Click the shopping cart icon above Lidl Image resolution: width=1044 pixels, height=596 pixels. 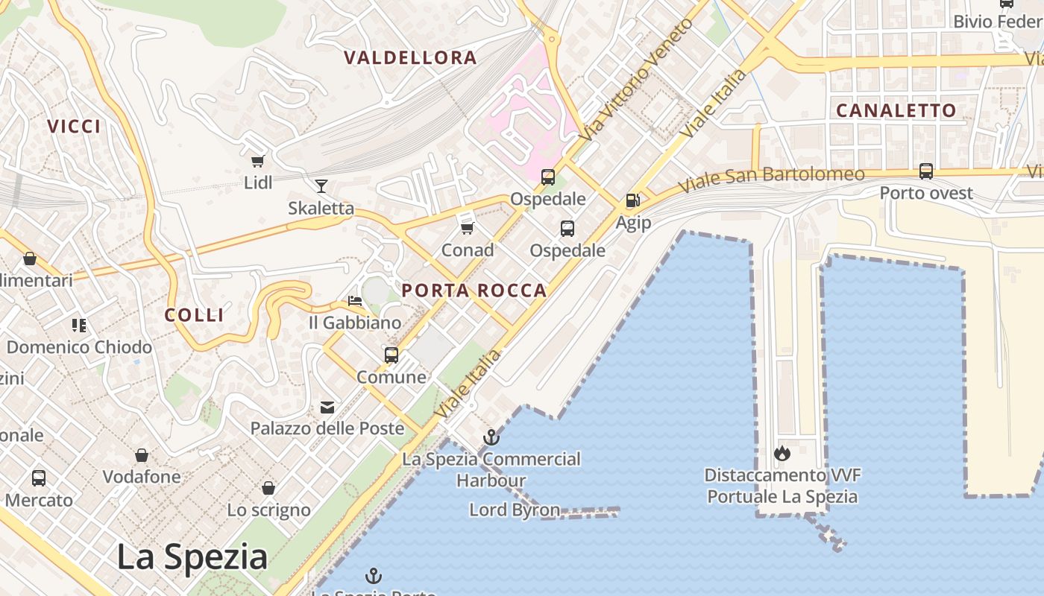pyautogui.click(x=257, y=161)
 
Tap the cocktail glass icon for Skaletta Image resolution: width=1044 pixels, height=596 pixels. pyautogui.click(x=321, y=186)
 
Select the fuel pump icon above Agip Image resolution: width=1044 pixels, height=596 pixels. pyautogui.click(x=632, y=200)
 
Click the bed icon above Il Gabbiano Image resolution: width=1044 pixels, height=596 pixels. pyautogui.click(x=355, y=301)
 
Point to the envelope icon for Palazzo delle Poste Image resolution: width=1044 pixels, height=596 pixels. pyautogui.click(x=327, y=407)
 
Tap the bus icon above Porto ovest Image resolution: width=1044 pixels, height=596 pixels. pyautogui.click(x=926, y=171)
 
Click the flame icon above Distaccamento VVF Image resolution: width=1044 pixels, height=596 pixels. pyautogui.click(x=782, y=453)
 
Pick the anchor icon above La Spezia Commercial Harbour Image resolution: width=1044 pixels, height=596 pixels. pyautogui.click(x=491, y=437)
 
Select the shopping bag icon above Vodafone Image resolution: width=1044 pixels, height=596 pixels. pyautogui.click(x=142, y=455)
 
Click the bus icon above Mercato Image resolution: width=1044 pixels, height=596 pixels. pyautogui.click(x=39, y=478)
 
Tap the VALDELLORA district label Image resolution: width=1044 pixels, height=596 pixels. pyautogui.click(x=410, y=57)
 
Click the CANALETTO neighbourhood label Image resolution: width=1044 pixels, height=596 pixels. pyautogui.click(x=896, y=110)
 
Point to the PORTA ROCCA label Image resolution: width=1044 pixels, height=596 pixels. pyautogui.click(x=474, y=291)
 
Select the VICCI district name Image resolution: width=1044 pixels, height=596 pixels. pyautogui.click(x=74, y=127)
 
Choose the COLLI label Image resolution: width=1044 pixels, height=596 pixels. pyautogui.click(x=194, y=315)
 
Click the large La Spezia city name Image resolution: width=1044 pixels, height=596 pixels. pyautogui.click(x=192, y=557)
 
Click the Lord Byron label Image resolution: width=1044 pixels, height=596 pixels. pyautogui.click(x=515, y=510)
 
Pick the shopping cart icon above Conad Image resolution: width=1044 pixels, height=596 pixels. pyautogui.click(x=468, y=228)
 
